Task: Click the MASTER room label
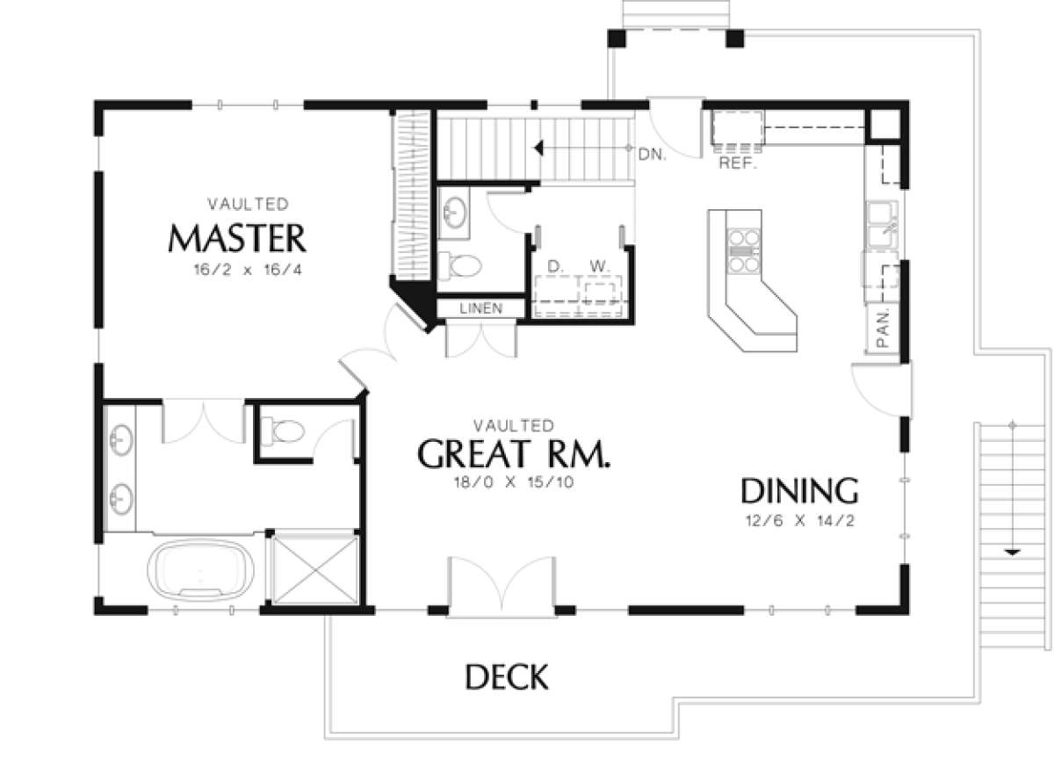coord(237,239)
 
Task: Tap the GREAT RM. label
coord(514,453)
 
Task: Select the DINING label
coord(800,491)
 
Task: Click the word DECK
coord(507,677)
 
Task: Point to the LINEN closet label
coord(481,308)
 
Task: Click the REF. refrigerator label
coord(738,163)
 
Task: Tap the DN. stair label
coord(652,155)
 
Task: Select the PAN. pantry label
coord(884,329)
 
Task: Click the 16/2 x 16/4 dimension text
coord(248,270)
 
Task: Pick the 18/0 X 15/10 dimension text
coord(514,483)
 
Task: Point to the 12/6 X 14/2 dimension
coord(800,521)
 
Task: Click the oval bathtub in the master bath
coord(200,570)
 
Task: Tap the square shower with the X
coord(315,570)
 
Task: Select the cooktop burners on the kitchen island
coord(744,251)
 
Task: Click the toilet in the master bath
coord(283,431)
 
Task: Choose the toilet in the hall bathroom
coord(459,266)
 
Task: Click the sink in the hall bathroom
coord(455,213)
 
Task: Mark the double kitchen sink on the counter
coord(882,224)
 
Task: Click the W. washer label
coord(599,267)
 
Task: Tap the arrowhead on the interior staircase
coord(539,148)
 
